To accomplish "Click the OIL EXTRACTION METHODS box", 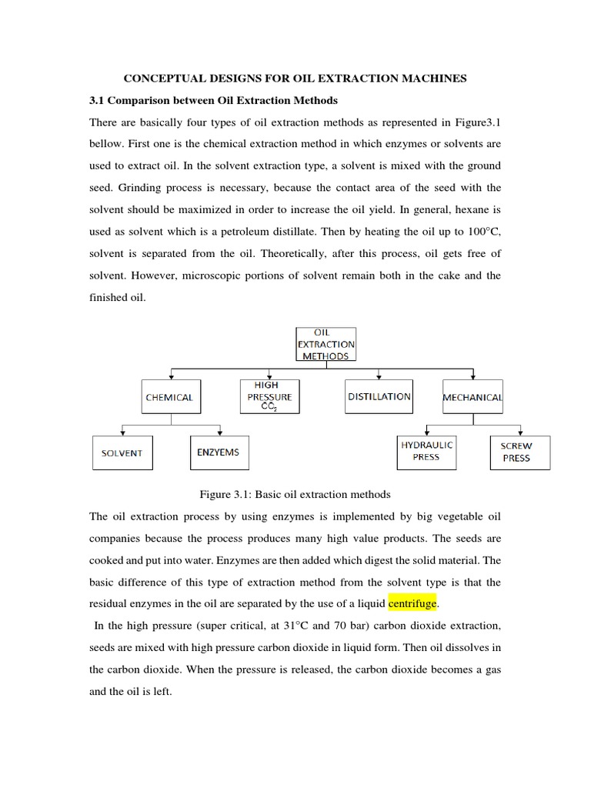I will coord(326,344).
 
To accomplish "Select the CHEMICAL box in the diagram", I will coord(169,398).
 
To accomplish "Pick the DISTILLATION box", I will coord(379,397).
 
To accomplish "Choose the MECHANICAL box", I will coord(472,398).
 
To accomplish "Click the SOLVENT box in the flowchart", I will coord(122,452).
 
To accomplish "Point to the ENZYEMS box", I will coord(219,452).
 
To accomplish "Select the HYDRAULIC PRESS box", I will coord(426,451).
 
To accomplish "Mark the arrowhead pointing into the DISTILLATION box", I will coord(379,377).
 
